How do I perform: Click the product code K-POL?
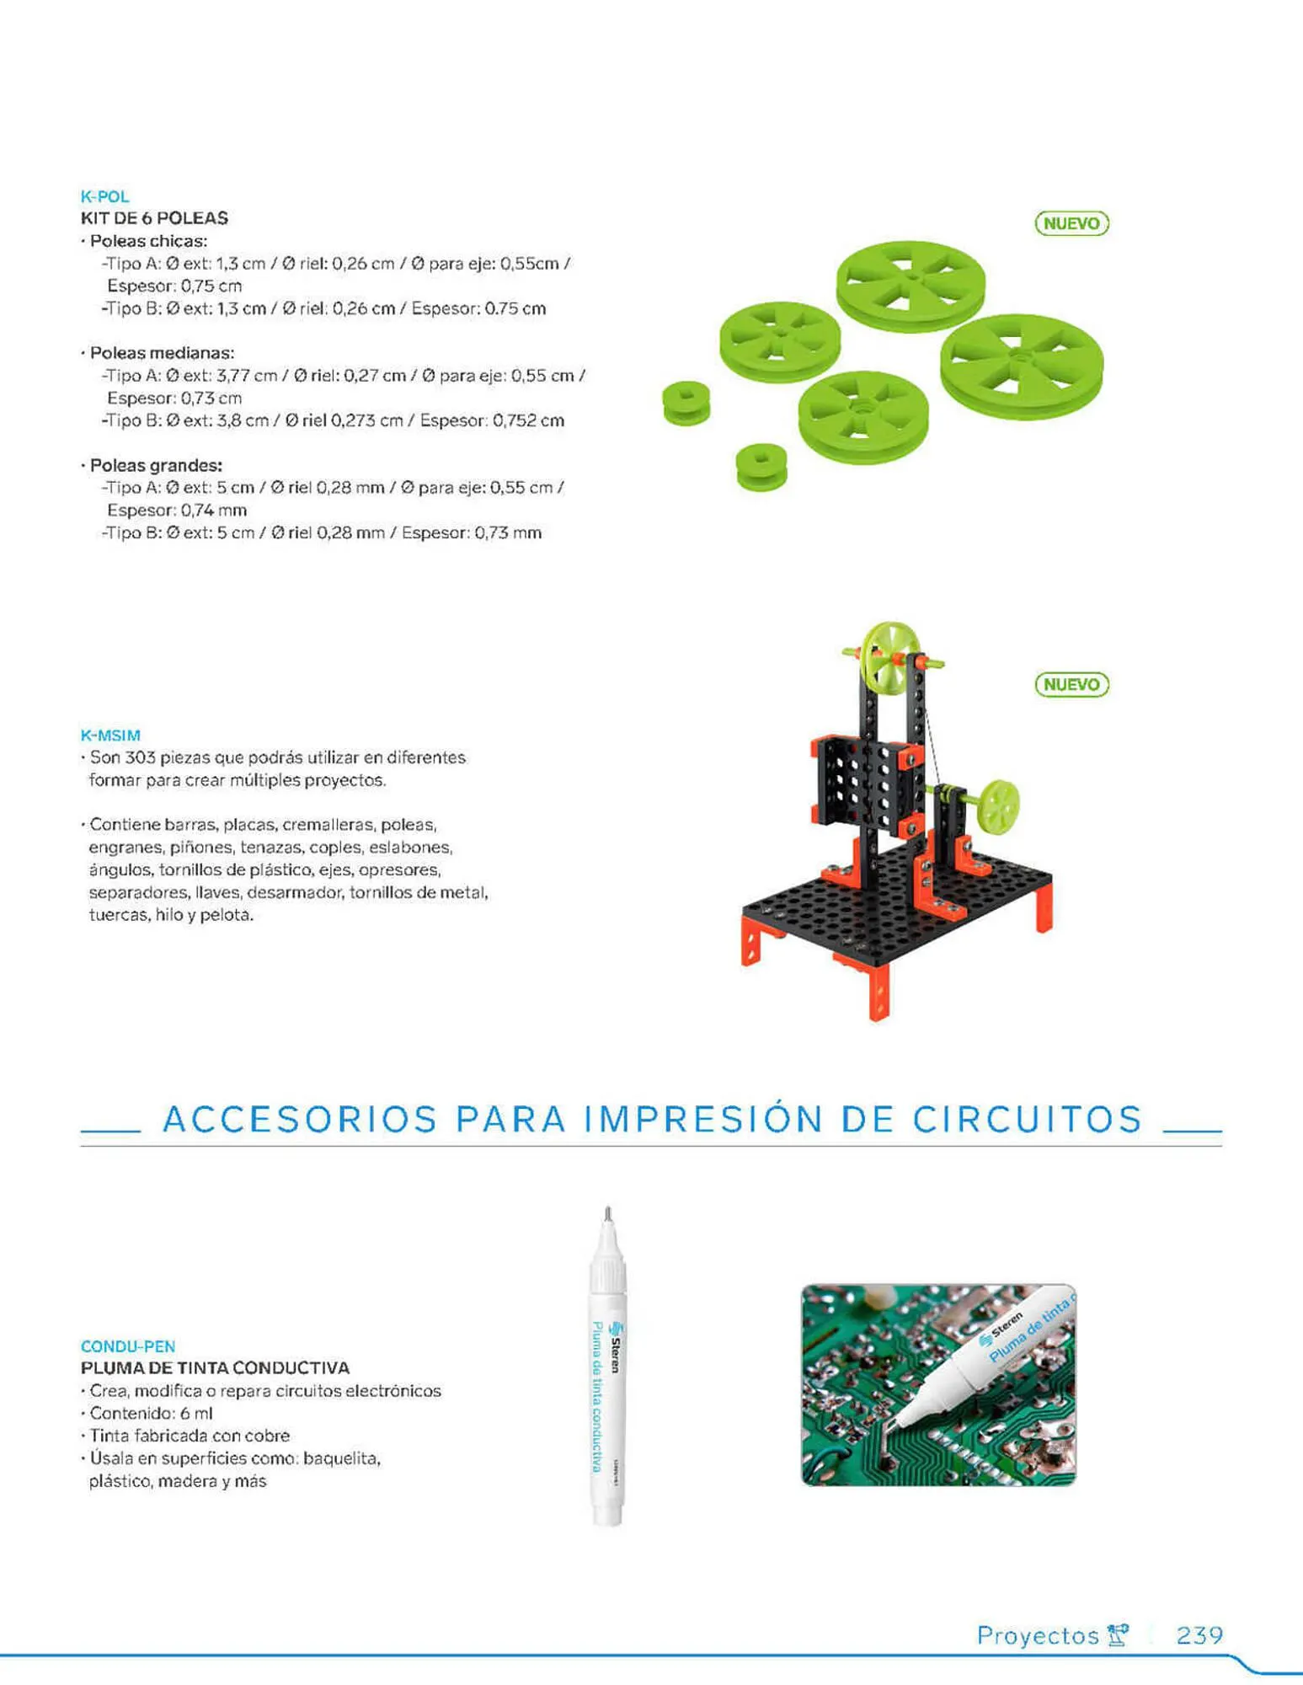(104, 196)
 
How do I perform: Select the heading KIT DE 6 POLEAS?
(154, 218)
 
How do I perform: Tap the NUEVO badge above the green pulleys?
(1071, 223)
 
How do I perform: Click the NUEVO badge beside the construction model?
(1071, 684)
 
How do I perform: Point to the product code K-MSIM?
(110, 736)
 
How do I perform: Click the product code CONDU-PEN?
(128, 1346)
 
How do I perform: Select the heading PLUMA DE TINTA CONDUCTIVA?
(215, 1368)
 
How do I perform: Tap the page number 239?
(1199, 1635)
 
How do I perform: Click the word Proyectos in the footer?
(1038, 1636)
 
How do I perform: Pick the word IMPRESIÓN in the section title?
(703, 1119)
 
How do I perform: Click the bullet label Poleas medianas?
(162, 353)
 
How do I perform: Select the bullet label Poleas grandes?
(156, 465)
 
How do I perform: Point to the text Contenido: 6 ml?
(151, 1414)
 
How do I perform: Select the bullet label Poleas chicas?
(148, 241)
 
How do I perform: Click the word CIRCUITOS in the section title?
(1028, 1119)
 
